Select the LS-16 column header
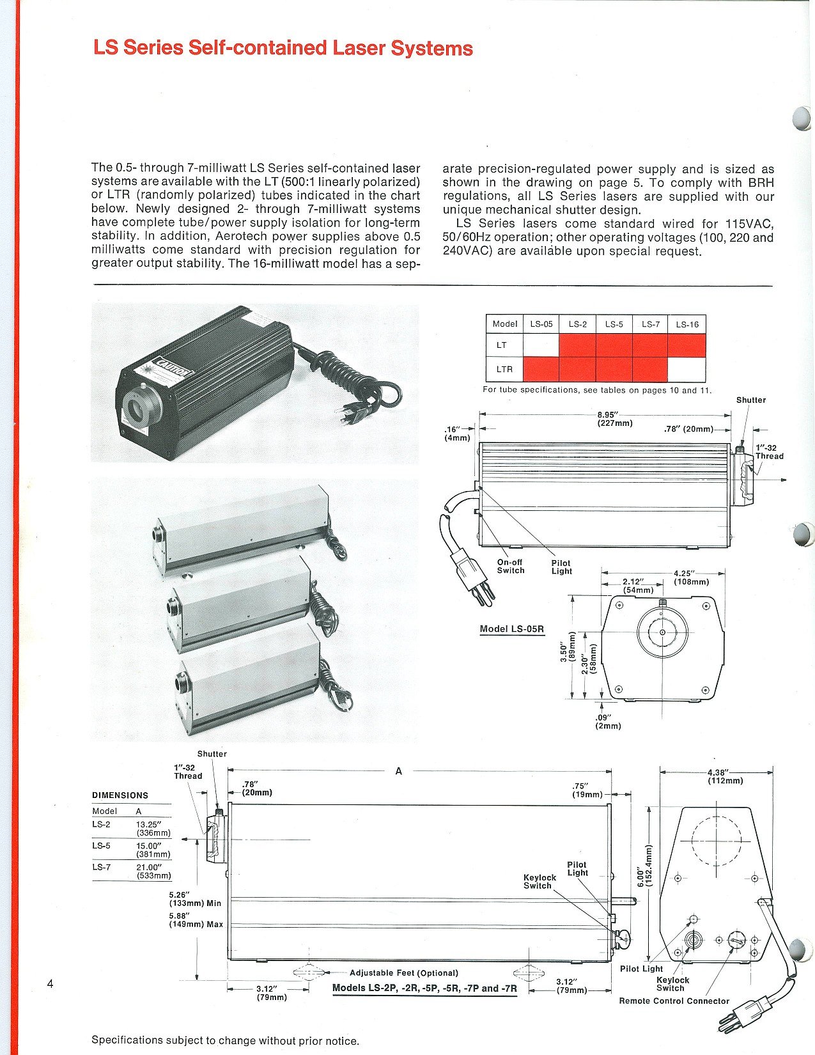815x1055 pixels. pos(687,324)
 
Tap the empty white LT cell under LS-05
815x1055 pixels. pos(541,345)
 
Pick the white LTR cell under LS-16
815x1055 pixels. pos(687,369)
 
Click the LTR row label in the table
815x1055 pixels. pos(504,369)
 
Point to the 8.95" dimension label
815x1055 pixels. pos(607,414)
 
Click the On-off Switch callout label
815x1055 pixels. pos(511,566)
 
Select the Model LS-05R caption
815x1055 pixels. pos(511,629)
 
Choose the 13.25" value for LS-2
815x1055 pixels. pos(148,824)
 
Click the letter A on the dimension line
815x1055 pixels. pos(398,771)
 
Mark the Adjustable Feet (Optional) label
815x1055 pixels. pos(404,973)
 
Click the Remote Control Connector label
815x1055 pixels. pos(674,1001)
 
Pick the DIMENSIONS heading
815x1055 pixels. pos(120,795)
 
